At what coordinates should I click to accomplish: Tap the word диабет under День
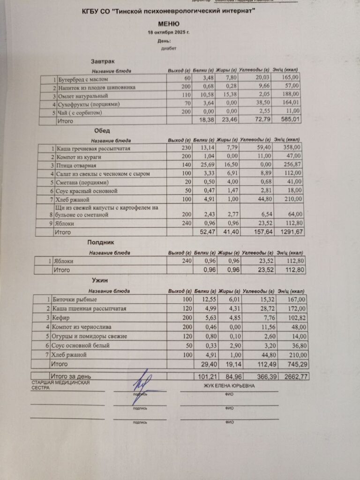pos(167,48)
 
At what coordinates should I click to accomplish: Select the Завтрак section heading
pos(103,61)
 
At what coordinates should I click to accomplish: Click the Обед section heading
pos(102,131)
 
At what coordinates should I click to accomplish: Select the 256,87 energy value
pos(289,165)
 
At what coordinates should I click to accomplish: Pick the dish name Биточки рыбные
pos(77,300)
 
